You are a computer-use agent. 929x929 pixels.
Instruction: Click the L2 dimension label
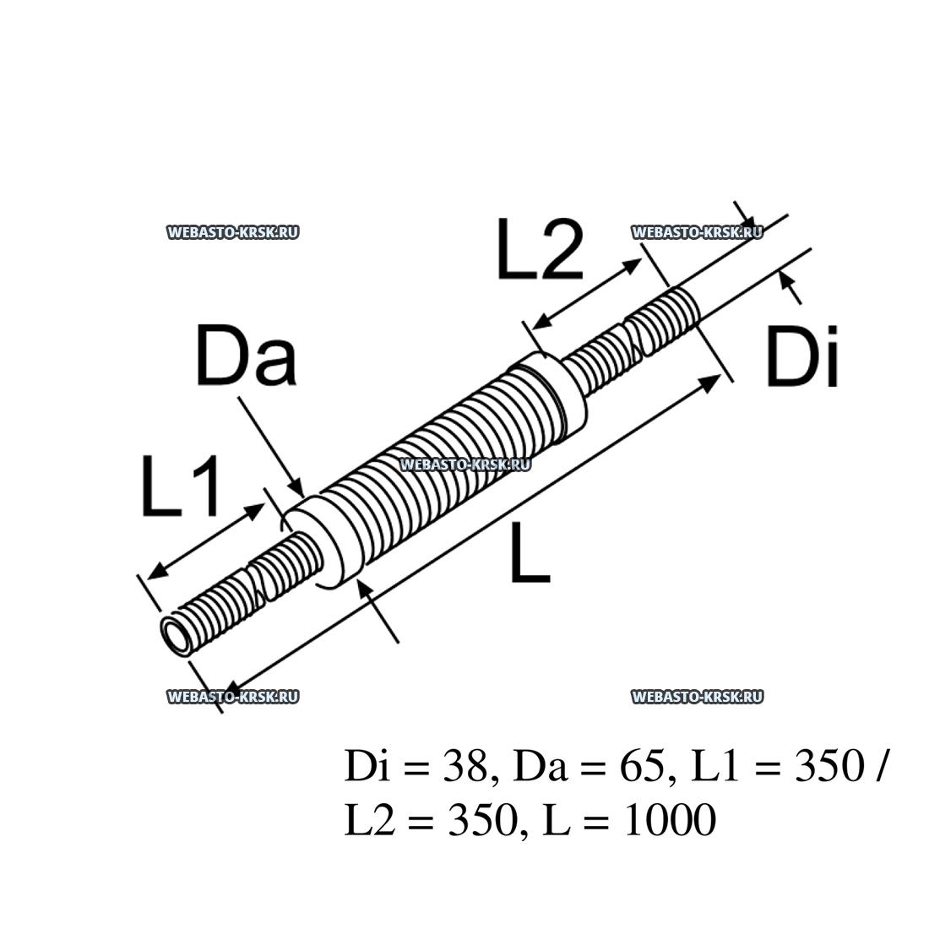click(x=540, y=250)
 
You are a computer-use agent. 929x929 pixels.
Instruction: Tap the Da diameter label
click(x=246, y=356)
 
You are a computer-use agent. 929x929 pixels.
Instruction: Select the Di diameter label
click(x=801, y=358)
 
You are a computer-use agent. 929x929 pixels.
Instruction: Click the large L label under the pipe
click(x=530, y=551)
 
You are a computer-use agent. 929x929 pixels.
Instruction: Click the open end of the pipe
click(x=179, y=635)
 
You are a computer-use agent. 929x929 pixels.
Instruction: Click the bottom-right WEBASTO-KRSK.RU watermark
click(x=697, y=697)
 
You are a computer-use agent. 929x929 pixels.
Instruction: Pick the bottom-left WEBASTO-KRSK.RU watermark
click(x=233, y=697)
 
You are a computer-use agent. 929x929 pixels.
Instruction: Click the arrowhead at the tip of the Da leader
click(x=296, y=487)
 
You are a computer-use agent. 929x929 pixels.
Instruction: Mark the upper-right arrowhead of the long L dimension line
click(x=711, y=383)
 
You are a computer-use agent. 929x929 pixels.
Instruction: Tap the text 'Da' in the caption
click(x=535, y=767)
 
